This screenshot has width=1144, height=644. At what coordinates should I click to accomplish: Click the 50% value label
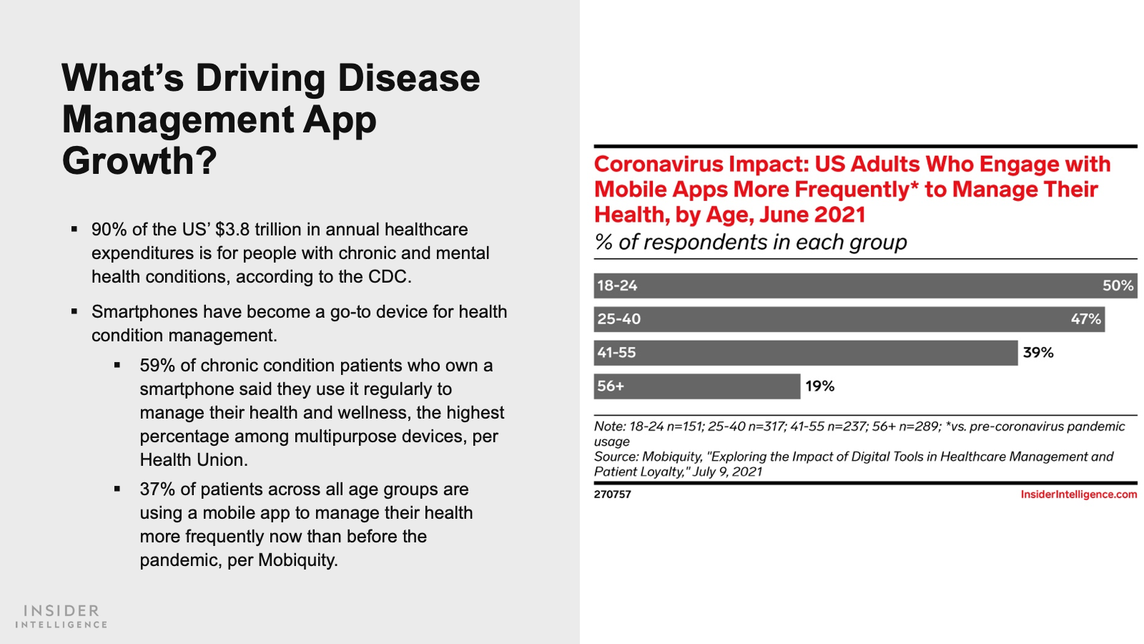pyautogui.click(x=1118, y=286)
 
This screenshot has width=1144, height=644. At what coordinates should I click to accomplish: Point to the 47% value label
pyautogui.click(x=1085, y=319)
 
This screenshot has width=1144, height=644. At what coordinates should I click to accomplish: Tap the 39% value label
pyautogui.click(x=1038, y=353)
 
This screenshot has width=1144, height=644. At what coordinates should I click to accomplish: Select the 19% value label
pyautogui.click(x=819, y=386)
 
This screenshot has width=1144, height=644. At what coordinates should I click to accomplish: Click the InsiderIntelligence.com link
pyautogui.click(x=1078, y=494)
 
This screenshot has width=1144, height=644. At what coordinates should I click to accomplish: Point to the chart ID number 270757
pyautogui.click(x=612, y=494)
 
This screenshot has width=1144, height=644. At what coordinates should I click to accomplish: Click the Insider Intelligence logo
pyautogui.click(x=61, y=616)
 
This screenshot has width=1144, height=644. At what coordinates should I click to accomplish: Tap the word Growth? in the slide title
pyautogui.click(x=139, y=161)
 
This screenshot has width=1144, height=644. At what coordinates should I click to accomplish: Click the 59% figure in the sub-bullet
pyautogui.click(x=157, y=366)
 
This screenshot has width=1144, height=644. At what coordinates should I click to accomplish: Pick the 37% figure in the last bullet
pyautogui.click(x=157, y=489)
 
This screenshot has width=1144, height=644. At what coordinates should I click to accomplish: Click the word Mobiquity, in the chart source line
pyautogui.click(x=672, y=457)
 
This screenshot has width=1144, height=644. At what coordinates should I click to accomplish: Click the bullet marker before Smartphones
pyautogui.click(x=74, y=312)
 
